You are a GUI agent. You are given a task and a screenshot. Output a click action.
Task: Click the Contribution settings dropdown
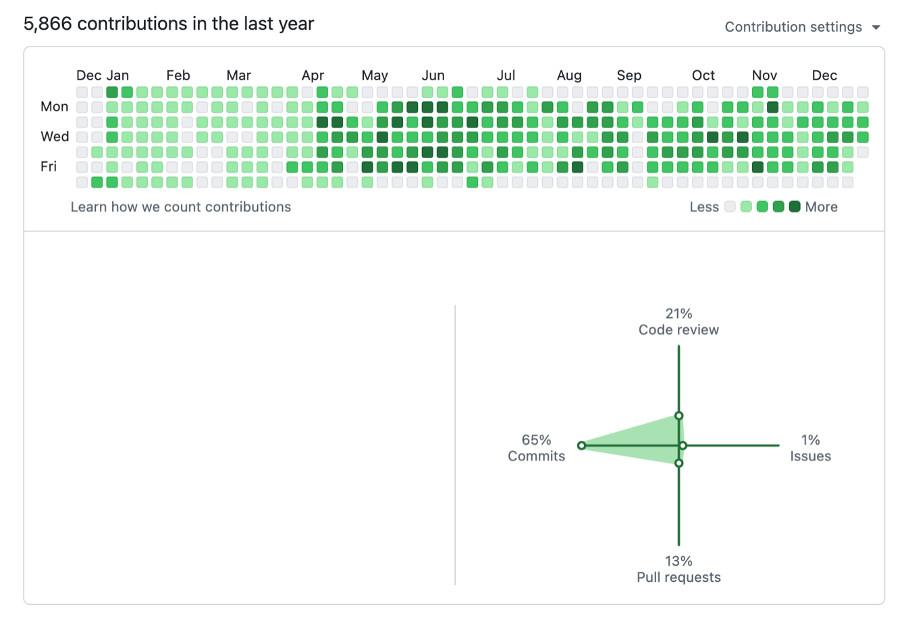802,27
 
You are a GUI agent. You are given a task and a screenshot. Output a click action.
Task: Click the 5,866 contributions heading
169,24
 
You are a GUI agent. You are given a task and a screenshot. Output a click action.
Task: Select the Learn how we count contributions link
181,207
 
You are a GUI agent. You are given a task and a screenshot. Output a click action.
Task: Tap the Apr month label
313,76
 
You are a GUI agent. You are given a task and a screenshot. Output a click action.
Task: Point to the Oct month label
703,76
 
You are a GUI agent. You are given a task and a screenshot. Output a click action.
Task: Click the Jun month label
433,76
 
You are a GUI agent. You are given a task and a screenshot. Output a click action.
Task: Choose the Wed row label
55,136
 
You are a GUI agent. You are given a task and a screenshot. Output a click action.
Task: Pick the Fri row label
49,166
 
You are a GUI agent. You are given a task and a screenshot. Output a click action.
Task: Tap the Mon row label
55,107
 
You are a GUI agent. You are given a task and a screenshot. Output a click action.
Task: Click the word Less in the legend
703,207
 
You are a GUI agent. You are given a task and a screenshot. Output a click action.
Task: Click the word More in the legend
821,207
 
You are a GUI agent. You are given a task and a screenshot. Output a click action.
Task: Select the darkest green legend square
795,207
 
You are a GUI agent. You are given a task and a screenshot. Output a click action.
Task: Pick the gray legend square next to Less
730,207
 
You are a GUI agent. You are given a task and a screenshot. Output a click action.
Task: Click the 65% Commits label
536,448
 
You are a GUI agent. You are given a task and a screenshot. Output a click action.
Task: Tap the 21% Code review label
678,322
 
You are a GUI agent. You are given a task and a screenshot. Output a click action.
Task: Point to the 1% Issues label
810,448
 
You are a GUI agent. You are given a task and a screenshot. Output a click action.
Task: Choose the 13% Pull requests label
678,569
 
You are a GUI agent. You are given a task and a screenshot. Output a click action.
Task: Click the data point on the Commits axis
581,446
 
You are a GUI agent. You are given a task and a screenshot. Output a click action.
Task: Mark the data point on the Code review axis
678,416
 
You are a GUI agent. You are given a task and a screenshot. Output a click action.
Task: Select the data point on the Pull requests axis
678,463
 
